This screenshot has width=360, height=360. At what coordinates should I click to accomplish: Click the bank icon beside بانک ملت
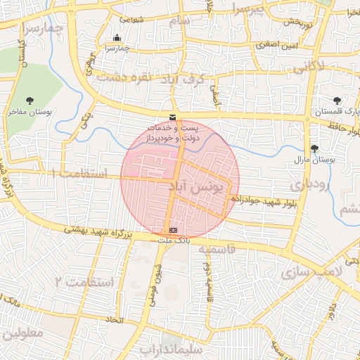174,230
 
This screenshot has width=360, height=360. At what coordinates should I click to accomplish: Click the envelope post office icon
173,117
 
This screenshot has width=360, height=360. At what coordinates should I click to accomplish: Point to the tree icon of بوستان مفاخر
29,101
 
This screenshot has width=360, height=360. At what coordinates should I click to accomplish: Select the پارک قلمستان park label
337,112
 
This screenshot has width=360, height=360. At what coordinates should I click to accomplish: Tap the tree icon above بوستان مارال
314,148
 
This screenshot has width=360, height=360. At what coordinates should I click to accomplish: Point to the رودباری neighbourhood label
306,184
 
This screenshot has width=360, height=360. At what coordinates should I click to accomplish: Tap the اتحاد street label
114,320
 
